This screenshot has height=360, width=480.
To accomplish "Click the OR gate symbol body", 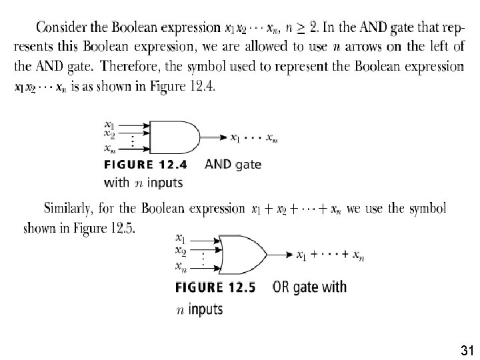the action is tap(243, 254).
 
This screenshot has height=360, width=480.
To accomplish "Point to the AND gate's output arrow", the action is tap(213, 137).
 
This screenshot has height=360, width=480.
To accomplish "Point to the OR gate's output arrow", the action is tap(280, 255).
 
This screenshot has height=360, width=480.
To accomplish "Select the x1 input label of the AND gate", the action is tap(109, 124).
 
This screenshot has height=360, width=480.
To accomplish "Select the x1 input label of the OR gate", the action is tap(180, 237).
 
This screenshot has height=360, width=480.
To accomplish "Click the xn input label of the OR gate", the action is tap(180, 267).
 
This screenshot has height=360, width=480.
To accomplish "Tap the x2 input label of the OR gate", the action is tap(180, 251).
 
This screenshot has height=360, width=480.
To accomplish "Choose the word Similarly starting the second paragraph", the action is tap(70, 209).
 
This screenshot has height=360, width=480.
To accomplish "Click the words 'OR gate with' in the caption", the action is tap(310, 287).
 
